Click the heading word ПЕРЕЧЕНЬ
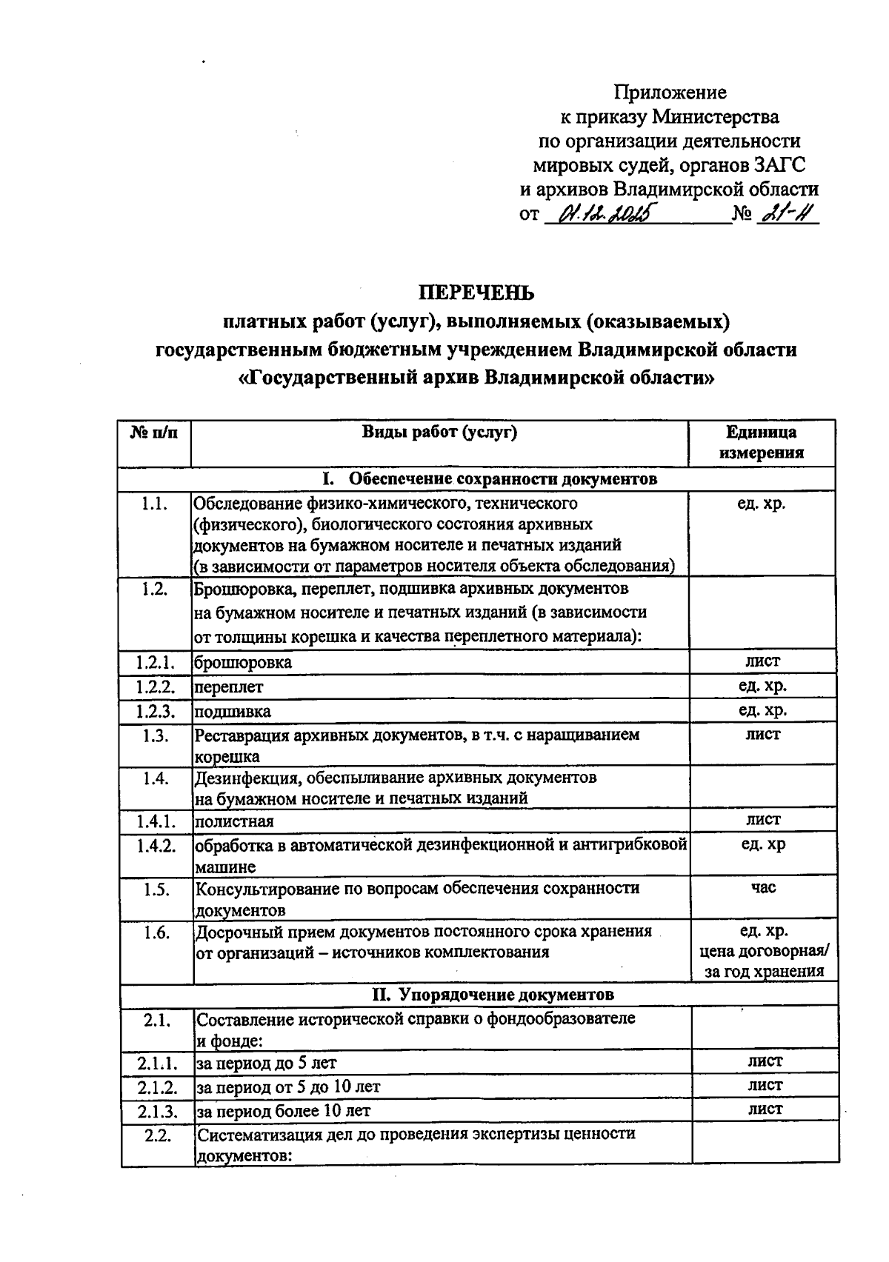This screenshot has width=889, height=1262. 476,293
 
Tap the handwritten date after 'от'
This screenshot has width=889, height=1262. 604,215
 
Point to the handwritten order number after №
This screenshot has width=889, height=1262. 787,214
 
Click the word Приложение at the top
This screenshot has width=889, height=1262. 670,93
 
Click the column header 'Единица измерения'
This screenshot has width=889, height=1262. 762,443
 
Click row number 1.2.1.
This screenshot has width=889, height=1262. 156,662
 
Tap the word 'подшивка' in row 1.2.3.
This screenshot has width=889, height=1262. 233,712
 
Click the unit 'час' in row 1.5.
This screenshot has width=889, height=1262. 763,887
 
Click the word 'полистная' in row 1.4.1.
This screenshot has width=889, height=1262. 234,821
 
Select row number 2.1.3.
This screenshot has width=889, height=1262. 157,1111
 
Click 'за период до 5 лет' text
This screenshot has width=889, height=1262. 266,1064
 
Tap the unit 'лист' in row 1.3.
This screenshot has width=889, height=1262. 763,735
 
